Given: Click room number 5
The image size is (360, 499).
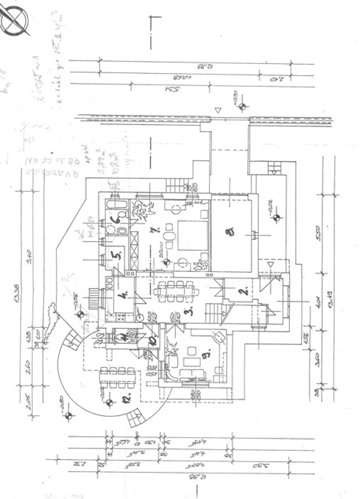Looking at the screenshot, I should click(115, 254).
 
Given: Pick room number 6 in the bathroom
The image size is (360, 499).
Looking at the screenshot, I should click(115, 220).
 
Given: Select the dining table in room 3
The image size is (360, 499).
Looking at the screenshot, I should click(176, 291).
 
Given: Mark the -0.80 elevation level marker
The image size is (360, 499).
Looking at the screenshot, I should click(68, 416).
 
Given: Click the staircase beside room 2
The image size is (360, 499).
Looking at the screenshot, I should click(214, 310).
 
